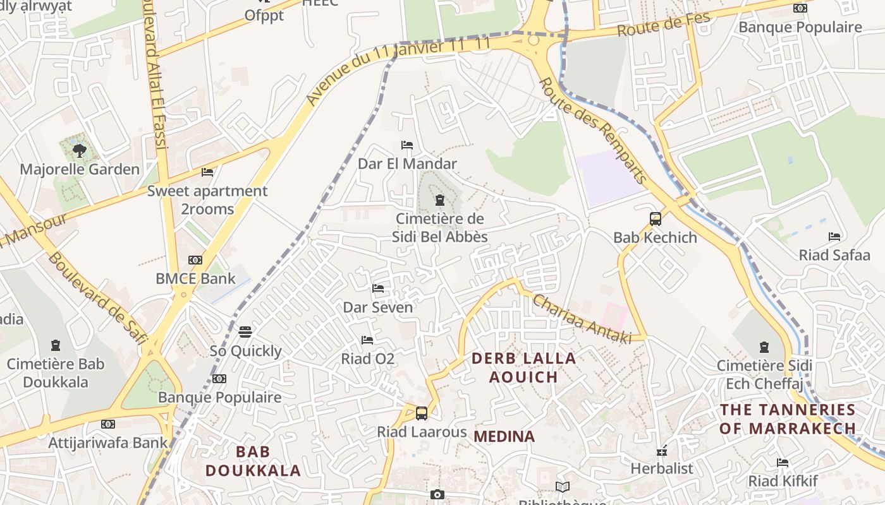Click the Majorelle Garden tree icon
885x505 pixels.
[79, 150]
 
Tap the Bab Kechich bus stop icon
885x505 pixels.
[656, 219]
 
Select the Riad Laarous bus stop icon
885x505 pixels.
[422, 413]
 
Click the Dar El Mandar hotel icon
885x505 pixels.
[407, 145]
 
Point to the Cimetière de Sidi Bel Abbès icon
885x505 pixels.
[439, 201]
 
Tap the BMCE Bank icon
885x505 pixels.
[195, 260]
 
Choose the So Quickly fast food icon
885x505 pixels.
[245, 332]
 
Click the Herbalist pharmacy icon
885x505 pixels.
[662, 451]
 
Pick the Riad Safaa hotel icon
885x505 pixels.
[834, 237]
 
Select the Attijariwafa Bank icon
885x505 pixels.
[108, 424]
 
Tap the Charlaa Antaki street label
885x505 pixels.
[582, 319]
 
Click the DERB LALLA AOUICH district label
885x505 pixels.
[524, 367]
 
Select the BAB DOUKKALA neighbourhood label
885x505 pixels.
[253, 461]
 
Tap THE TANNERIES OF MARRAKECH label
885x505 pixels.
[788, 419]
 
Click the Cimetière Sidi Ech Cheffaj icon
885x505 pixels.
[764, 347]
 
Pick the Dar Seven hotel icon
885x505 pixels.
[378, 288]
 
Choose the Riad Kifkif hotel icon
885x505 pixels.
[783, 463]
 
